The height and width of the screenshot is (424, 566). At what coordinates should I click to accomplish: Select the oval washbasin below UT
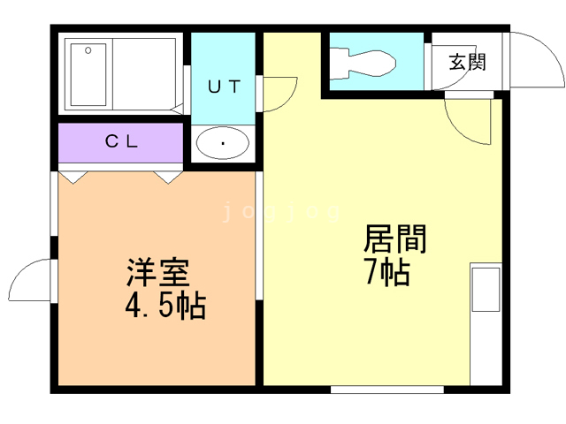tap(222, 143)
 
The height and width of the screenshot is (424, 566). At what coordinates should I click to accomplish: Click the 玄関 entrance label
tap(466, 63)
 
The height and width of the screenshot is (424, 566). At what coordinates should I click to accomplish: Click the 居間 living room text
tap(395, 239)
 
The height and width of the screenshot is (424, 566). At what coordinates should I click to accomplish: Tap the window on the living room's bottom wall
tap(386, 387)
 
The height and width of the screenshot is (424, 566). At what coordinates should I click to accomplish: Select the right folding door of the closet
tap(168, 176)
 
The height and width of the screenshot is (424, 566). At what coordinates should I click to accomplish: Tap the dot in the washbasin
tap(222, 143)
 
